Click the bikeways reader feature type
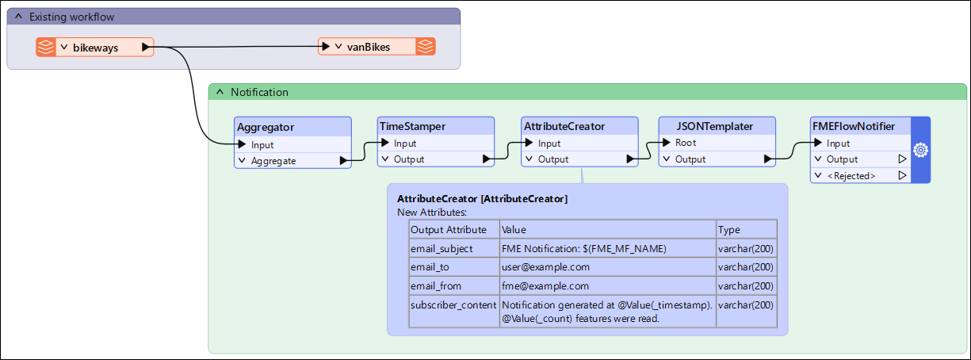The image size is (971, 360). click(95, 48)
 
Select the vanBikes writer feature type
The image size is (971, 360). click(377, 47)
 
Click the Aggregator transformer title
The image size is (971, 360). click(266, 127)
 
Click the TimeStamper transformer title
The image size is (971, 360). click(412, 126)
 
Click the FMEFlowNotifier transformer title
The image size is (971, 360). click(854, 126)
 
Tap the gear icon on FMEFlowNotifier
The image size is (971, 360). click(921, 151)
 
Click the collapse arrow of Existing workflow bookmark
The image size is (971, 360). click(18, 17)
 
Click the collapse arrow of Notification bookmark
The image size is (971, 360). click(220, 92)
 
